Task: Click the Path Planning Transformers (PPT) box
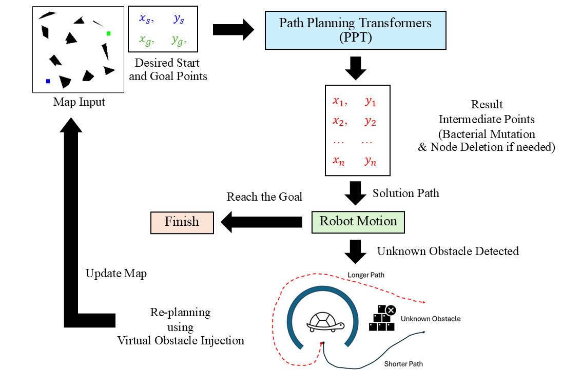coord(355,30)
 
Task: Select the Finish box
coord(182,222)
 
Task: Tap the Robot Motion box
coord(358,221)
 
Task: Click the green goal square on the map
coord(108,34)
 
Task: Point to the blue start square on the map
coord(48,81)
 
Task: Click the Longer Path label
coord(366,275)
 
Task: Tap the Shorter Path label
coord(403,364)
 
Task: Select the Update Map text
coord(116,273)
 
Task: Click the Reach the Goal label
coord(264,197)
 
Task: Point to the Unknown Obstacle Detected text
coord(448,251)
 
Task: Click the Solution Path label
coord(405,193)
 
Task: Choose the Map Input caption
coord(79,102)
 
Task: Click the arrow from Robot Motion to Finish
coord(262,222)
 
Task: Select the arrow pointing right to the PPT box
coord(234,30)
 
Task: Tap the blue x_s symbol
coord(145,19)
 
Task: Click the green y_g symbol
coord(178,41)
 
